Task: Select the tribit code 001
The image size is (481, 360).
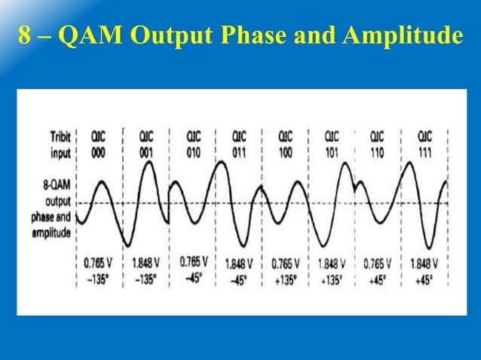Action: pos(147,150)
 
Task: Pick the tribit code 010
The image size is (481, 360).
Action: pos(195,150)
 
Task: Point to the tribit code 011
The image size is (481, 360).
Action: pos(240,150)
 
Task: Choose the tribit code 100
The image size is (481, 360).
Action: pos(286,150)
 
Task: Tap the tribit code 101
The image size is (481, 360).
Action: pos(331,150)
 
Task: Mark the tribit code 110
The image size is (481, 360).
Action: pos(376,150)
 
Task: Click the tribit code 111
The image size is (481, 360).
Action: pos(425,150)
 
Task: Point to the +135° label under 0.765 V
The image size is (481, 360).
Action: pos(285,278)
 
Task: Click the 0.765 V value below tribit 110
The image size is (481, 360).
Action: pos(376,264)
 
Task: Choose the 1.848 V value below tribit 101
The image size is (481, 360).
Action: pos(331,264)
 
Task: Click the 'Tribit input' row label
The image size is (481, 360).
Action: pos(60,144)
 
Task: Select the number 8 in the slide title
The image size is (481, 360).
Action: pos(23,35)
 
